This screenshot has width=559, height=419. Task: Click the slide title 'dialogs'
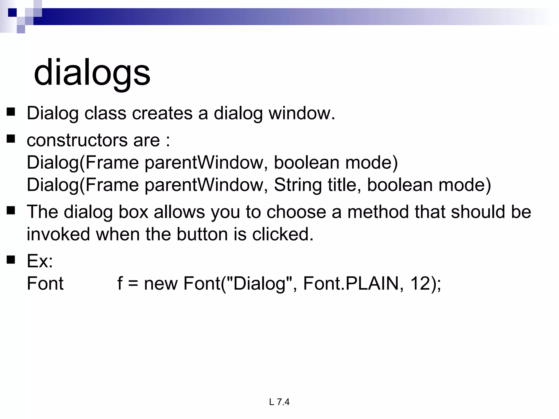(92, 73)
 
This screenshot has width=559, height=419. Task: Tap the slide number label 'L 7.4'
(279, 402)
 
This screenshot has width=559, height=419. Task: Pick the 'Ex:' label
(40, 261)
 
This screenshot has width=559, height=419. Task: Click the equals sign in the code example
(133, 284)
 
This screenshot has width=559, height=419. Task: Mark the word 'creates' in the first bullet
(162, 113)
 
